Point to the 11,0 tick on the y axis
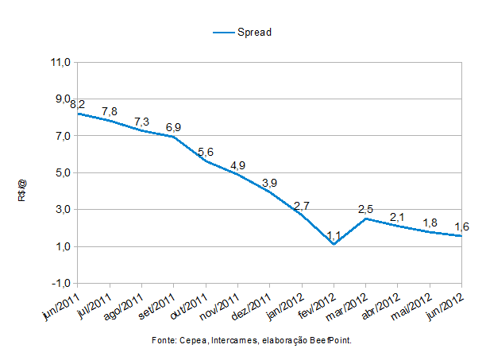click(61, 62)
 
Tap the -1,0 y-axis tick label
click(61, 284)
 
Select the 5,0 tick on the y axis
click(61, 173)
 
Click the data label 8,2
click(78, 104)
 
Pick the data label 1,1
click(334, 234)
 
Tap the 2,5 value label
click(366, 209)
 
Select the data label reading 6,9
click(174, 127)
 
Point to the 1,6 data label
click(461, 226)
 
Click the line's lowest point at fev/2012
click(334, 245)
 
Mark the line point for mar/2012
click(365, 219)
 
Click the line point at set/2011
click(174, 137)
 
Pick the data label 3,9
click(269, 182)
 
